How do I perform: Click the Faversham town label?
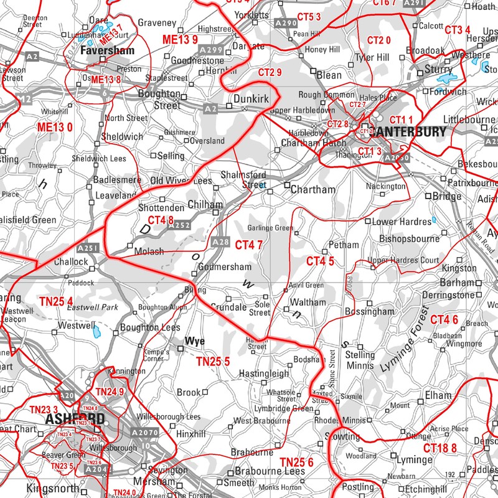tap(108, 50)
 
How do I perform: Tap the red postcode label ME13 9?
tap(180, 40)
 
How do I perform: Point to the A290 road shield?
tap(286, 23)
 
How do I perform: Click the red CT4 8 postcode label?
tap(161, 220)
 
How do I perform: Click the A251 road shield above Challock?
tap(88, 248)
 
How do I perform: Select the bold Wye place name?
tap(195, 342)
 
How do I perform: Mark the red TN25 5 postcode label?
tap(213, 361)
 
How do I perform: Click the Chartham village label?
tap(314, 189)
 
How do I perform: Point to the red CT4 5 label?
tap(320, 261)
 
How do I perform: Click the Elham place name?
tap(438, 395)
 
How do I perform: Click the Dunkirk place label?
tap(250, 98)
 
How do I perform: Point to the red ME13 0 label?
tap(55, 127)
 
